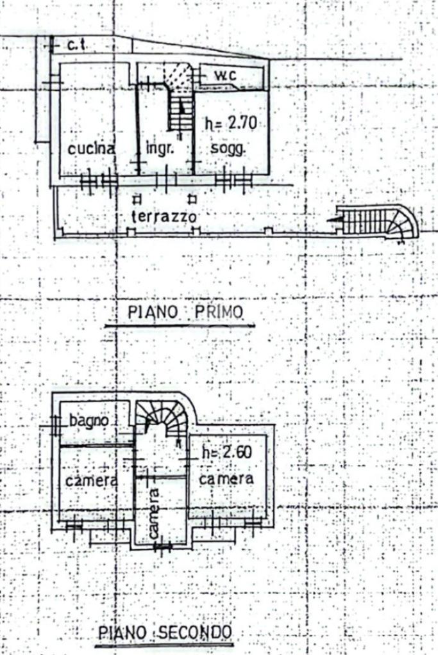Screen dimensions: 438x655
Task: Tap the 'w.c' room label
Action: pos(225,75)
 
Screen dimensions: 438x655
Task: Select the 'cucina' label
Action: pos(92,149)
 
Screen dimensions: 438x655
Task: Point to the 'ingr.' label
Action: pos(157,149)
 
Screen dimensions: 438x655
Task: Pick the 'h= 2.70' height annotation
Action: pos(230,123)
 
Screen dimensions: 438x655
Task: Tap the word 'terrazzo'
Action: pos(163,216)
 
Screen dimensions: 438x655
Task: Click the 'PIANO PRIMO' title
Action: pos(185,312)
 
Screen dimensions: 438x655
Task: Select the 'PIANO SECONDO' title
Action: pos(165,633)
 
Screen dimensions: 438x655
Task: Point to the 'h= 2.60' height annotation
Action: pos(226,453)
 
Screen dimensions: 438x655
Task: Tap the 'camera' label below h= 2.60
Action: pos(226,478)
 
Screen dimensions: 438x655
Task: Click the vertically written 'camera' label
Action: pos(154,512)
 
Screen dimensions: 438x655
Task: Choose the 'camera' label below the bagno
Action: pos(90,480)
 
